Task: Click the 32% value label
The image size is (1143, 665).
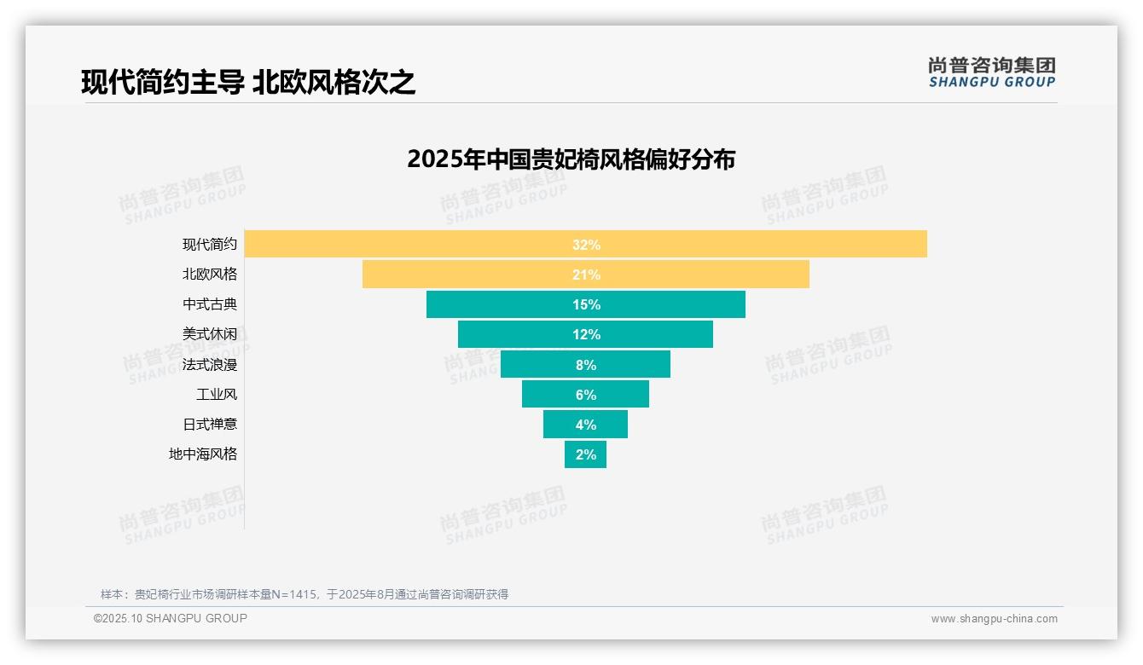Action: tap(586, 245)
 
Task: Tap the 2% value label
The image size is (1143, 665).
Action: tap(586, 454)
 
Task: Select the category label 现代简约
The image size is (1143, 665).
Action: tap(210, 245)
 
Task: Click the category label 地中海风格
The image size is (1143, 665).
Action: tap(203, 454)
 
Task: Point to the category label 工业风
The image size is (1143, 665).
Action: tap(217, 395)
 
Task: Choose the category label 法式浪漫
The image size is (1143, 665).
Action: tap(210, 365)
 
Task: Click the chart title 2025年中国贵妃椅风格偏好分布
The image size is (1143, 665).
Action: tap(571, 159)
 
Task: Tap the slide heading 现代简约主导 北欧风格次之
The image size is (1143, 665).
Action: tap(248, 83)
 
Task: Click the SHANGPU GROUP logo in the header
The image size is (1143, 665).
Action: tap(991, 72)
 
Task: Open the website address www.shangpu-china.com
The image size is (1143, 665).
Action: tap(994, 619)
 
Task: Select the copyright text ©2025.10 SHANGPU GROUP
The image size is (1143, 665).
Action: tap(171, 618)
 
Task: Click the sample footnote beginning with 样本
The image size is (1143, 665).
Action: tap(305, 594)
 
